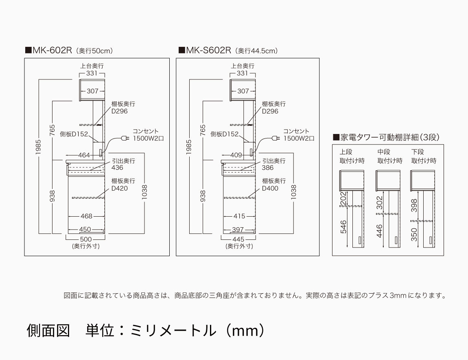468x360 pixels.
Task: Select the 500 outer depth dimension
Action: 85,239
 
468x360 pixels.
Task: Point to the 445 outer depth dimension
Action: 238,239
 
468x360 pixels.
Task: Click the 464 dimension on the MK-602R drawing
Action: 84,155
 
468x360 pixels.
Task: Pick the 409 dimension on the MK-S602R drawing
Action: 236,155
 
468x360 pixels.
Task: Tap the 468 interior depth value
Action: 86,216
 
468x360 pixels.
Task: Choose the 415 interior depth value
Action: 239,216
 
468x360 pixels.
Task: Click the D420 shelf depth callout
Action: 119,189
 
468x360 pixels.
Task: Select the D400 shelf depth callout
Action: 270,189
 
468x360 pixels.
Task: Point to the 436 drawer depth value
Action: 117,168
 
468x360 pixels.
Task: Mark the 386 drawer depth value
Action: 268,168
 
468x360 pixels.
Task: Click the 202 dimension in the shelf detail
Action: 343,199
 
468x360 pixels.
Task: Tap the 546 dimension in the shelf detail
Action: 343,227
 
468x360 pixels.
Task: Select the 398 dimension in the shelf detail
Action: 414,206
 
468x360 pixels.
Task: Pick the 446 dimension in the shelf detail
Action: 379,231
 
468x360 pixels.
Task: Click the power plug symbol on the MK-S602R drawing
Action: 275,138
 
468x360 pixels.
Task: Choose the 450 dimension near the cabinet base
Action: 85,229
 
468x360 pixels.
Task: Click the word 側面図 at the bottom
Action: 48,330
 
